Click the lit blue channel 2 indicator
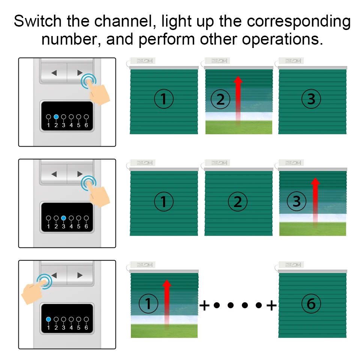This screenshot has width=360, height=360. click(x=56, y=117)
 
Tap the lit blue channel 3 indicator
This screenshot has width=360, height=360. click(x=63, y=218)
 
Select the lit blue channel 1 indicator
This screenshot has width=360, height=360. click(x=48, y=319)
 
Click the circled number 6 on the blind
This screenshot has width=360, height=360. click(x=311, y=303)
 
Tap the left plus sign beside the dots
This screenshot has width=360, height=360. click(x=204, y=306)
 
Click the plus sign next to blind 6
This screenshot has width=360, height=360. click(x=271, y=306)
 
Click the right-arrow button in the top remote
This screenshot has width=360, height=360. click(x=79, y=72)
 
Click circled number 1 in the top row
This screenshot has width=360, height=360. click(x=163, y=99)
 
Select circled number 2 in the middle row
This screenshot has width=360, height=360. click(x=238, y=202)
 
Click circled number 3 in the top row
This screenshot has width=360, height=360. click(x=311, y=99)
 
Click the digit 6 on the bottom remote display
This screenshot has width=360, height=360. click(x=86, y=328)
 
